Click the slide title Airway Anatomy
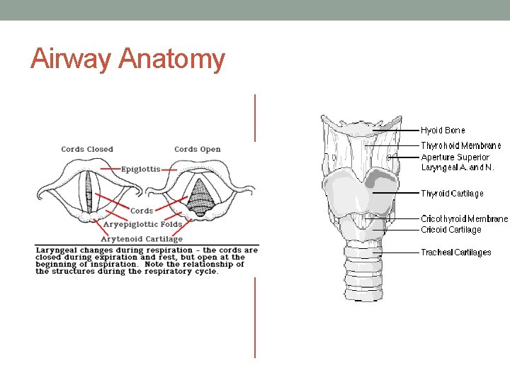click(x=127, y=59)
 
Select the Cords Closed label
click(x=87, y=150)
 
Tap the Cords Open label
click(x=198, y=150)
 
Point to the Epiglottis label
click(x=140, y=169)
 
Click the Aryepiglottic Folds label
click(x=143, y=224)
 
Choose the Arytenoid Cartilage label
click(x=142, y=239)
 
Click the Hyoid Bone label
click(x=443, y=131)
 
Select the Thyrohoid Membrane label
click(x=461, y=146)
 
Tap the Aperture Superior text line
click(x=455, y=157)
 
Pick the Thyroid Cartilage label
click(x=452, y=194)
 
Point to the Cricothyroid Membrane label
click(x=464, y=219)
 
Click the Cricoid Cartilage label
click(x=450, y=230)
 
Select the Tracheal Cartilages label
click(x=455, y=252)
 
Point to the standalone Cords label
click(x=142, y=211)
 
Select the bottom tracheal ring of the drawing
click(x=363, y=294)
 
